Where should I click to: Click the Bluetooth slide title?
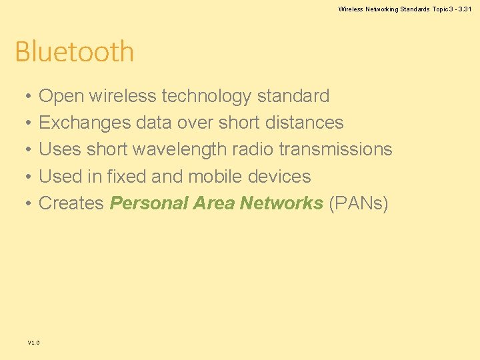[x=74, y=51]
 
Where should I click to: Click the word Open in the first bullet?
[x=61, y=97]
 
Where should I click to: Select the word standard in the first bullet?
[x=293, y=96]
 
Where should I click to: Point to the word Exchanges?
[x=85, y=123]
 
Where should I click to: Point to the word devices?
[x=279, y=176]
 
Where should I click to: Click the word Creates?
[x=72, y=203]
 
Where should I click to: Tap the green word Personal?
[x=149, y=203]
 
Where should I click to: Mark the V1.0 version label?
[x=33, y=343]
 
